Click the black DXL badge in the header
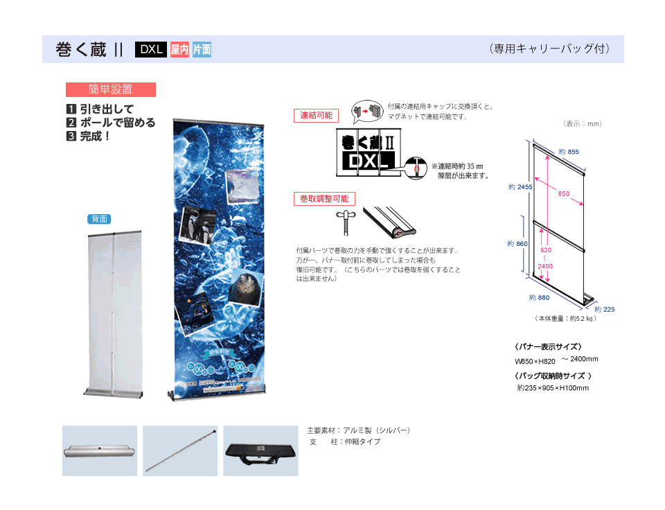[151, 49]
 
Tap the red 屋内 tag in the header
[179, 49]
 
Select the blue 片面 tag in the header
[202, 49]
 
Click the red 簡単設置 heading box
[111, 89]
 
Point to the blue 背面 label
[99, 219]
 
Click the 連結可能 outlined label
[316, 116]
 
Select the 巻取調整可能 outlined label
[323, 199]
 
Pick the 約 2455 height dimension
[520, 187]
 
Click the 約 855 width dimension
[568, 152]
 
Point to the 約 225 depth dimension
[604, 309]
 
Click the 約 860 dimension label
[517, 244]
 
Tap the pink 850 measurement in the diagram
[564, 194]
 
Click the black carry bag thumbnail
[260, 450]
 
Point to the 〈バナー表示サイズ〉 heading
[547, 346]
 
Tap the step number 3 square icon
[71, 136]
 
